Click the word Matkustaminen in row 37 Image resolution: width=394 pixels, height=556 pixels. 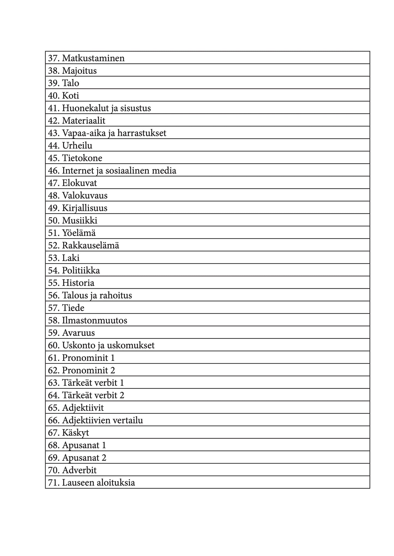[93, 58]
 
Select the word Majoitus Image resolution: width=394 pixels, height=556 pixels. [79, 71]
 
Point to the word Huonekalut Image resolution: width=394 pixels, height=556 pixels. [85, 108]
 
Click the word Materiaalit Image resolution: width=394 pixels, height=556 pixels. [83, 121]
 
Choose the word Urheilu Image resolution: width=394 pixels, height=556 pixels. [77, 146]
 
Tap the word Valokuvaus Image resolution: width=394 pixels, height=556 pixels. [85, 195]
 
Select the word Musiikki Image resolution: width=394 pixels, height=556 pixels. [80, 220]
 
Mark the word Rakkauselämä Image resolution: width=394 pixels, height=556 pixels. [91, 245]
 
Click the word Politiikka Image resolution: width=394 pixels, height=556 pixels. [81, 271]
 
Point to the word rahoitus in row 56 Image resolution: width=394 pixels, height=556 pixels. [116, 296]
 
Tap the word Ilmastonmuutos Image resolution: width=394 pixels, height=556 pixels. [95, 320]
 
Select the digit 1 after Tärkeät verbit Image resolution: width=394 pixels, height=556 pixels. [122, 383]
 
